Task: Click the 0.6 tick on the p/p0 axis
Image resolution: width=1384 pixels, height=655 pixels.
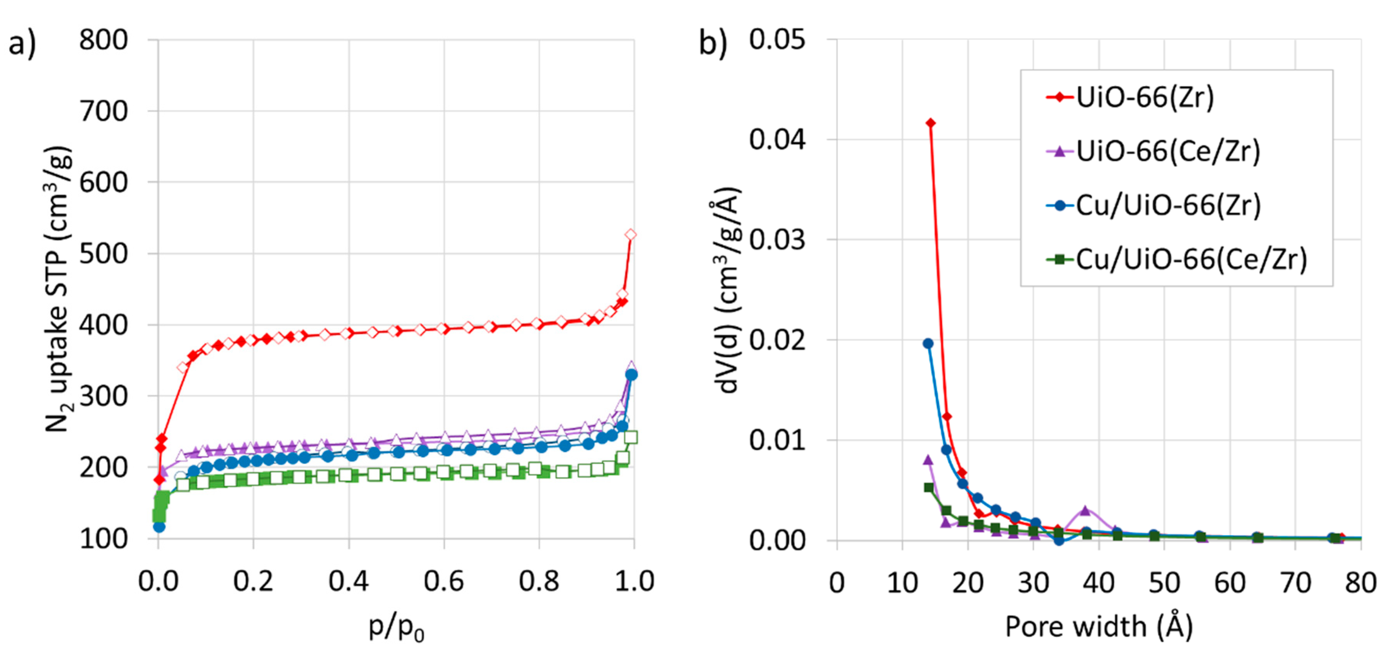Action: [x=444, y=581]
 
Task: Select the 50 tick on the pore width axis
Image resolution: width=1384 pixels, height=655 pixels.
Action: [x=1164, y=583]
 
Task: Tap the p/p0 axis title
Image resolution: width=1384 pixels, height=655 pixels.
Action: [x=396, y=627]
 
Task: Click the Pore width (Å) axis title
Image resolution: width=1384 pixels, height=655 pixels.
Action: [x=1099, y=626]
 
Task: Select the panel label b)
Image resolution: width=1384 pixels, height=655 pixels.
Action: [x=713, y=43]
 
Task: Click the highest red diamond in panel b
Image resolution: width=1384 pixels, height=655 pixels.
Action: [x=931, y=123]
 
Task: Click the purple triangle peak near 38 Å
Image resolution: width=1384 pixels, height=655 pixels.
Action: [x=1085, y=510]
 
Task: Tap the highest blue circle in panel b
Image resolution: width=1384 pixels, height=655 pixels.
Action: [x=928, y=343]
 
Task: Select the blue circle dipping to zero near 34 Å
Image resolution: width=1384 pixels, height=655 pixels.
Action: [x=1059, y=540]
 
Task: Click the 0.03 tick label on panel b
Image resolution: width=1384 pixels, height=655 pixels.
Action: [x=777, y=240]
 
